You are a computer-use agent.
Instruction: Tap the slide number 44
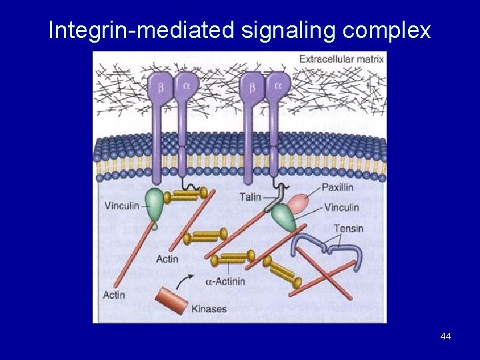point(445,336)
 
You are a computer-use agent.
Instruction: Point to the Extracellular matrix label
point(341,59)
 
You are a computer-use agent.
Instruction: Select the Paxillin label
point(337,187)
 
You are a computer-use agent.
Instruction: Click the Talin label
point(250,197)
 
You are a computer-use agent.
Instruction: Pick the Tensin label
point(349,229)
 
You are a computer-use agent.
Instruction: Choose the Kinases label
point(209,309)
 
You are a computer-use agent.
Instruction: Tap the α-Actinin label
point(225,281)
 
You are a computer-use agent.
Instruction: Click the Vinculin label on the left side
point(122,205)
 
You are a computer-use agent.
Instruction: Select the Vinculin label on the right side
point(341,207)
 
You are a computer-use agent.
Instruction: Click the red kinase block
point(171,301)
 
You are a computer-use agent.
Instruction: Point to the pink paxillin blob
point(301,203)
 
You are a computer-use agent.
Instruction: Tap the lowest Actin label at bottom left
point(114,295)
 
